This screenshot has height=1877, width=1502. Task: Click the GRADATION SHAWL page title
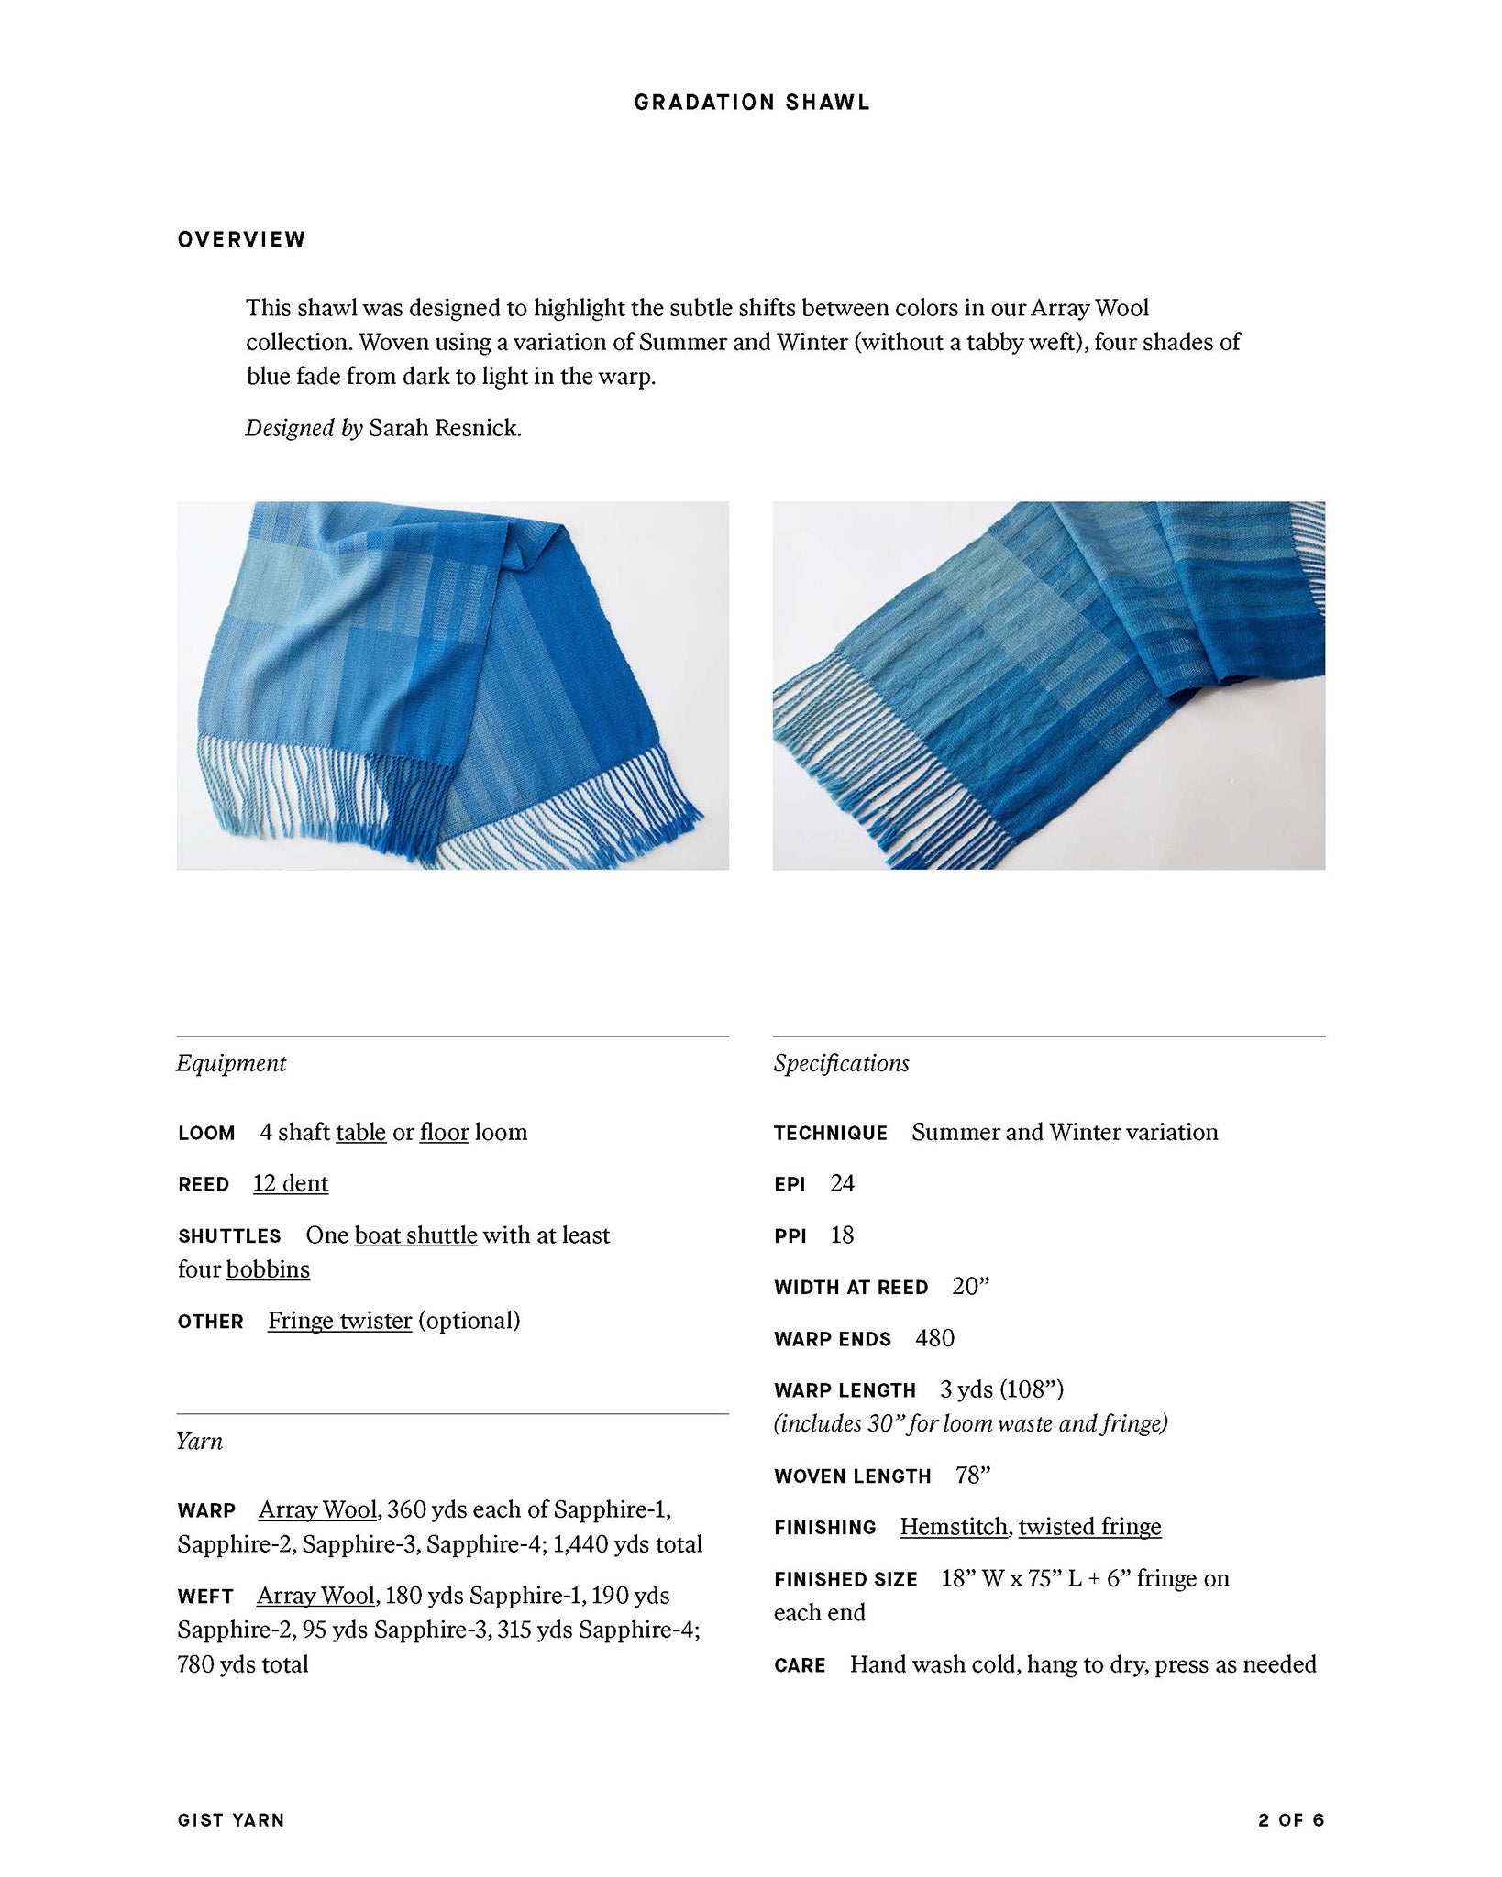click(751, 103)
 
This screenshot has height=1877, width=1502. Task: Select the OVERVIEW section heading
click(241, 240)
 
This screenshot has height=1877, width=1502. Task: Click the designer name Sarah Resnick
click(445, 428)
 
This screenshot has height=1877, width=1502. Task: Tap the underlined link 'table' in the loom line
click(360, 1132)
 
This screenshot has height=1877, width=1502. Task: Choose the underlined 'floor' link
click(444, 1132)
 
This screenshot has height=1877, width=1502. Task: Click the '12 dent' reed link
click(290, 1183)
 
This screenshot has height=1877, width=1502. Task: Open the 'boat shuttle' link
click(415, 1235)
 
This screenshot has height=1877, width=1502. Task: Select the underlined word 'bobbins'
click(268, 1269)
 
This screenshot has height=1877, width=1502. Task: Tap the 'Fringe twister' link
click(339, 1321)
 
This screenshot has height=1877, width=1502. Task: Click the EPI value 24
click(842, 1183)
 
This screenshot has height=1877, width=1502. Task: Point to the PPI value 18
click(842, 1235)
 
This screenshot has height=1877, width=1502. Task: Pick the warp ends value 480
click(934, 1338)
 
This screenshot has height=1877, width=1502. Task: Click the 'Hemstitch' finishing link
click(955, 1527)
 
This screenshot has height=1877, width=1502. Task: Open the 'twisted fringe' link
click(1089, 1527)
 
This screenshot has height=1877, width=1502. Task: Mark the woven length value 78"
click(972, 1476)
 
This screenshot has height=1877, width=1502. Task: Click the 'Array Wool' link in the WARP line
click(317, 1509)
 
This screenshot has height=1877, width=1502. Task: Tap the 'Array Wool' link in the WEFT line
click(315, 1596)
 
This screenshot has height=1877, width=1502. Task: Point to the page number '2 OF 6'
click(1291, 1820)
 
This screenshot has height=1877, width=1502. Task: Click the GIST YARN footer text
click(231, 1820)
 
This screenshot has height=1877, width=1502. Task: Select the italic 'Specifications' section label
click(841, 1063)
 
